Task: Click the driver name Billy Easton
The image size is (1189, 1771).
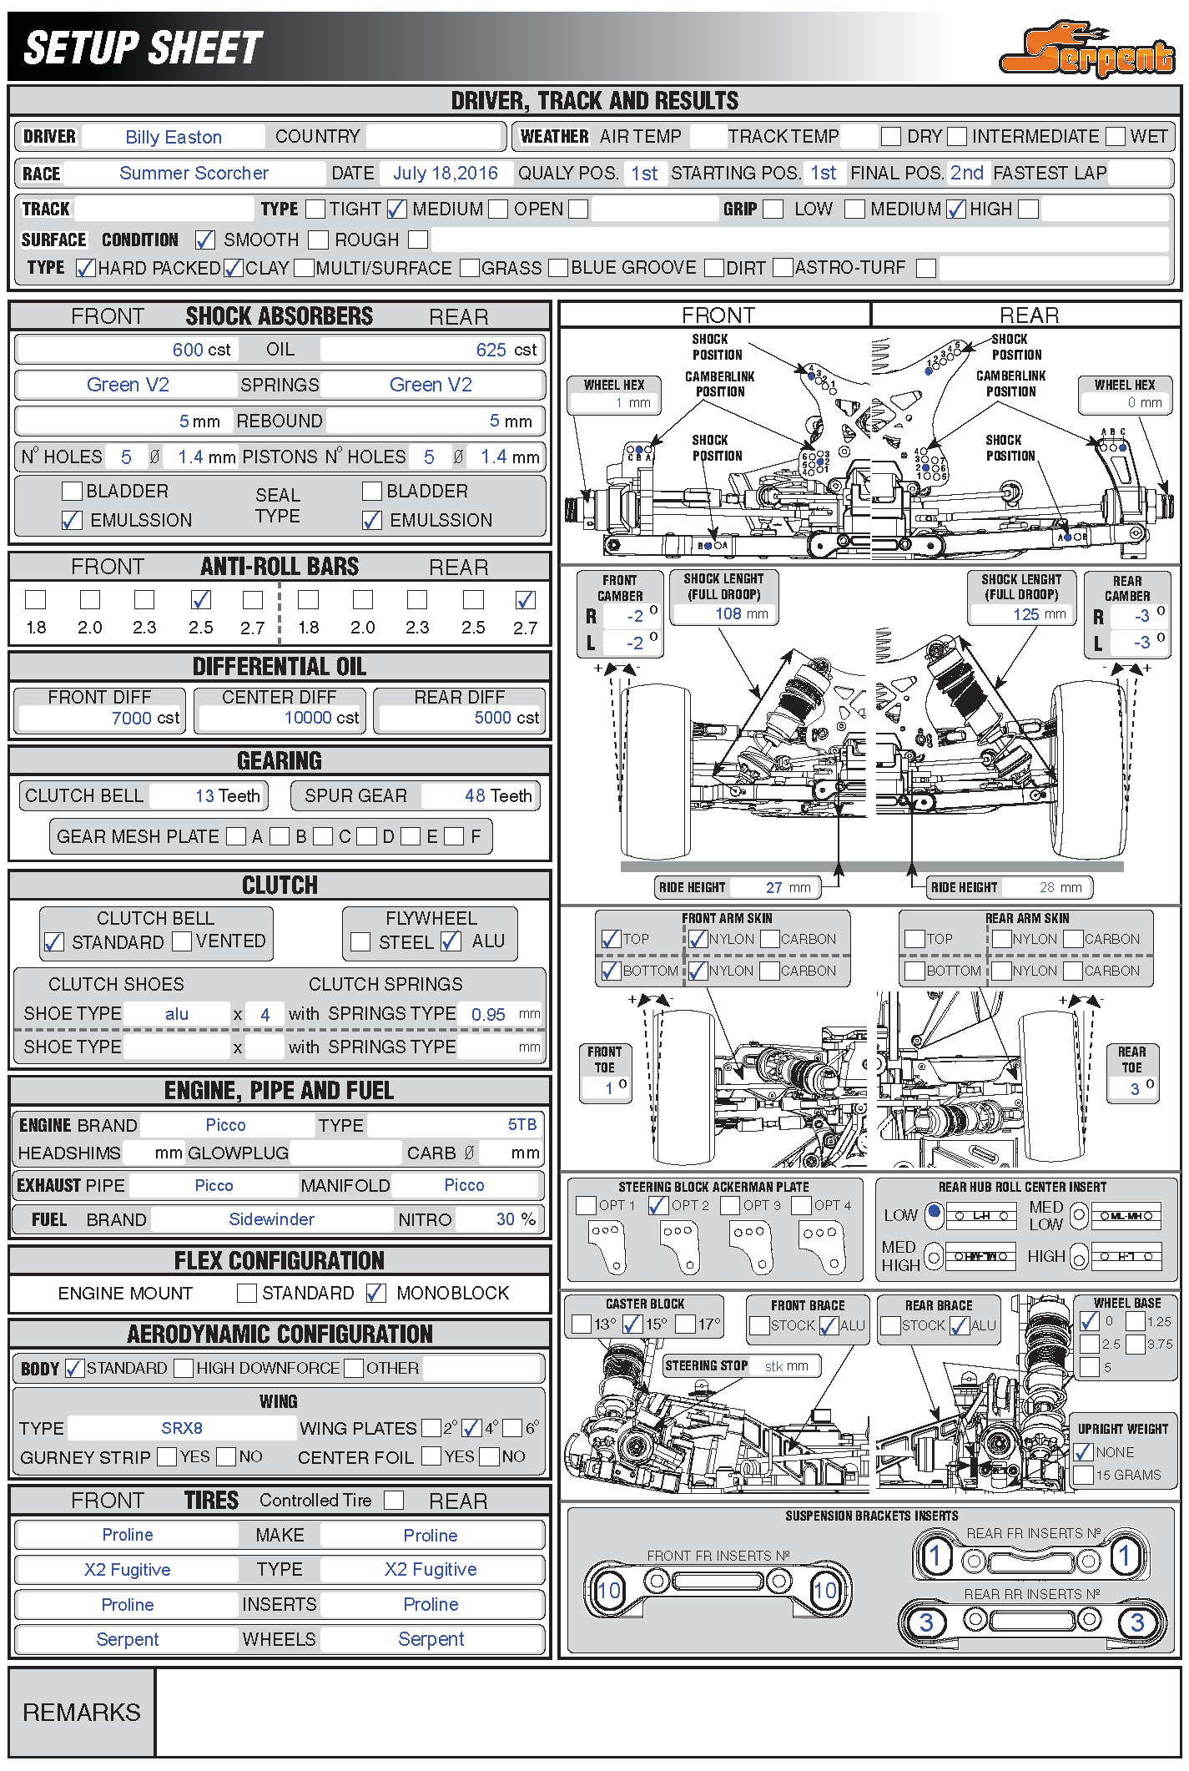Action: (x=174, y=137)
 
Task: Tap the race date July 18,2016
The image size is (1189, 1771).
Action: (x=445, y=174)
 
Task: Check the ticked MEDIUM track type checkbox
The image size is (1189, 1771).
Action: (x=397, y=209)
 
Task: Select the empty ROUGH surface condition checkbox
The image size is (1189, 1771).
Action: (x=318, y=240)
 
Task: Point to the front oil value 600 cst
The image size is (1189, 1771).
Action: (x=201, y=350)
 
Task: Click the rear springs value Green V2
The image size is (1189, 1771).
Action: (x=431, y=385)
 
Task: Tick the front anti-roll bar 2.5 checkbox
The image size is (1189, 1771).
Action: (x=201, y=600)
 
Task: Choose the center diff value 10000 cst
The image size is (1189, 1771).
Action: (x=321, y=718)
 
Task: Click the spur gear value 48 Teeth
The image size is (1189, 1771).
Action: (x=498, y=796)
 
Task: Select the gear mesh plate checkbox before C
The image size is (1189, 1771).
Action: (x=324, y=836)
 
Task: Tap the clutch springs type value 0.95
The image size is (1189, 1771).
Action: (x=488, y=1015)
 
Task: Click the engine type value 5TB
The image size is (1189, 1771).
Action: (x=522, y=1125)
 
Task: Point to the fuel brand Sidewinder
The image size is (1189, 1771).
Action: (x=271, y=1219)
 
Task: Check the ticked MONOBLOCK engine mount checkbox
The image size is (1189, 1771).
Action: (x=376, y=1294)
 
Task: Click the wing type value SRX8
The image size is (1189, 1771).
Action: (x=182, y=1428)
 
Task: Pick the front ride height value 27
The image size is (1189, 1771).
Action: (x=774, y=888)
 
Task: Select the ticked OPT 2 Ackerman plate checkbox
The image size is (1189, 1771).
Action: (x=658, y=1205)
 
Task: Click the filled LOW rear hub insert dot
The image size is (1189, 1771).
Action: (x=935, y=1211)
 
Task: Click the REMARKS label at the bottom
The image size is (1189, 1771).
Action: (x=82, y=1713)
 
